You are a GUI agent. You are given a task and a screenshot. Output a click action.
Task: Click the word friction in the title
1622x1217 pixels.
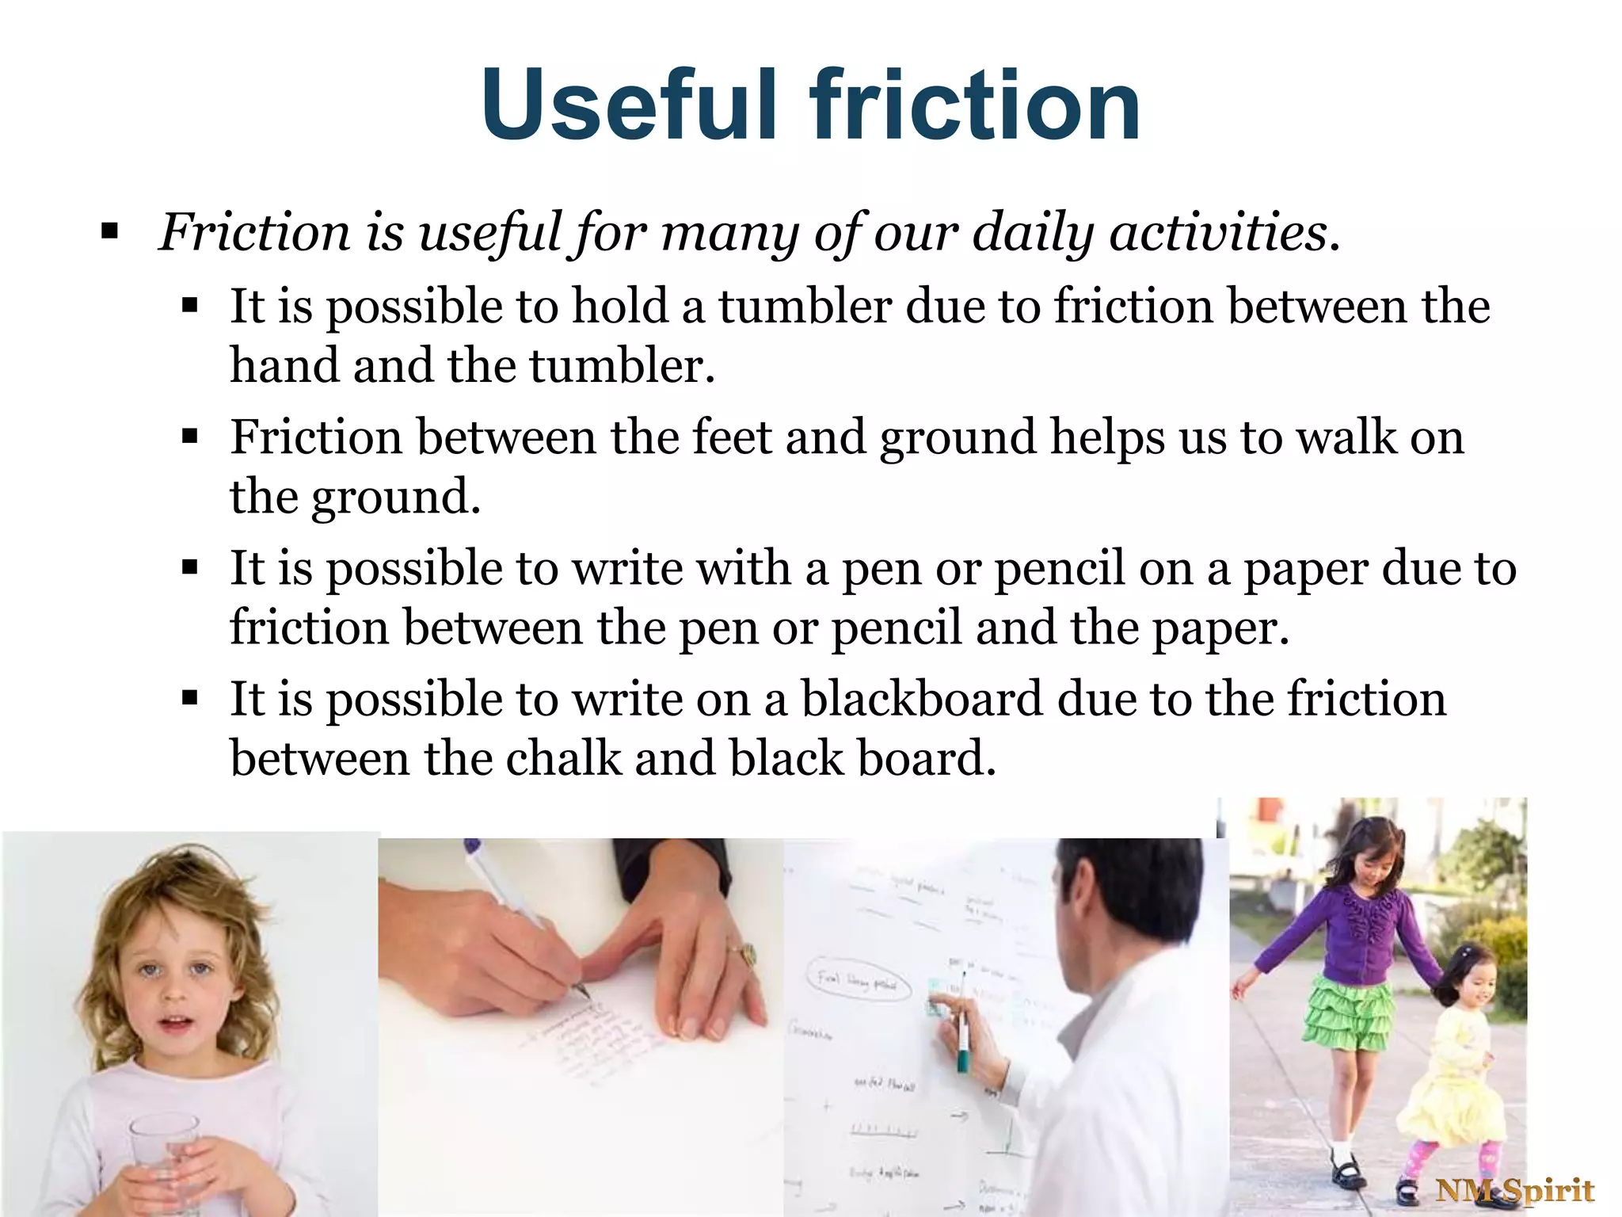[974, 105]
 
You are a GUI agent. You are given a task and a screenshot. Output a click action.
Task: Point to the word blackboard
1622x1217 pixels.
[922, 700]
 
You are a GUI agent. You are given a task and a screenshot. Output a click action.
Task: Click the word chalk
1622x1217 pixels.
[563, 759]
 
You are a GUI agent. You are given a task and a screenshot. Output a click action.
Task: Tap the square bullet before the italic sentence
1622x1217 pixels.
[109, 233]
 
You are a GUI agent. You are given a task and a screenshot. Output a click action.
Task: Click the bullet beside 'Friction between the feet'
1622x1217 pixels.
[189, 437]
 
